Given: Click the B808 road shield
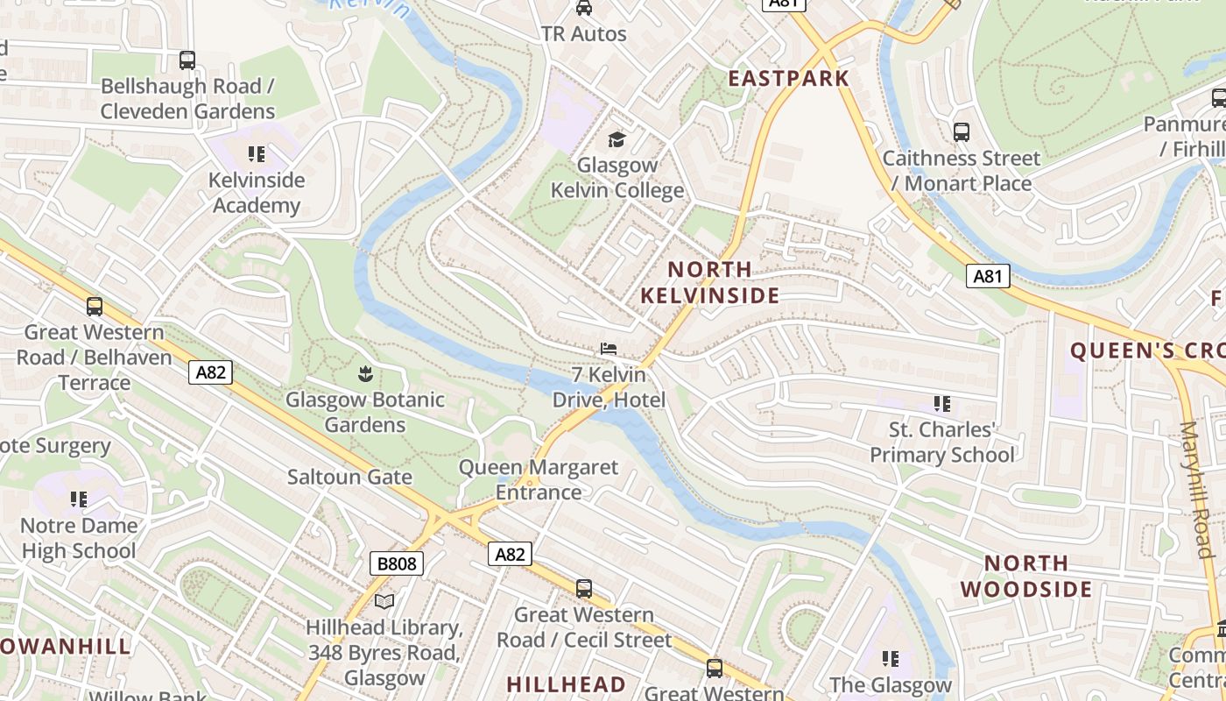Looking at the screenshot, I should (397, 563).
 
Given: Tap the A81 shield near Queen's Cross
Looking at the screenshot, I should (988, 276).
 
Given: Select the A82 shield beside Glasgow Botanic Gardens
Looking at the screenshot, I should (210, 372).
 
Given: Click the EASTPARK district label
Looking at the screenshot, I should (789, 78).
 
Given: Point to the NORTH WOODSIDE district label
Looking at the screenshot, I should (1026, 576).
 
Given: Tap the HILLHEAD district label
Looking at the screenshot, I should (567, 684).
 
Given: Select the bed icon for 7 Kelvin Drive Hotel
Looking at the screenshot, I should (609, 349).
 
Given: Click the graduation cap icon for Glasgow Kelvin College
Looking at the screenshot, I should (617, 139).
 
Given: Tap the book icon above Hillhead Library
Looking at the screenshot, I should (384, 601).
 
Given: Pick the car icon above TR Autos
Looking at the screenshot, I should (584, 9).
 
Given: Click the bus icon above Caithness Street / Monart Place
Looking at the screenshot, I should (962, 132).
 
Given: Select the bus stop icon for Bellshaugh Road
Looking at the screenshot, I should (187, 60).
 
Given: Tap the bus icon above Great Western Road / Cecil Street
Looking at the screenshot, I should (584, 588).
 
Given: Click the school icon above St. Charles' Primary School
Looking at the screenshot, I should (942, 404).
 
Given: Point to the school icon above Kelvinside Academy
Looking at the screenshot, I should (257, 155).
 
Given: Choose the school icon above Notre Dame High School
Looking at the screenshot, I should (79, 499).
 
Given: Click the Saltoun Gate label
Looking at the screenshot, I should (349, 477).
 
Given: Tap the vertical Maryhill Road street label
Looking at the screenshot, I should (1196, 490).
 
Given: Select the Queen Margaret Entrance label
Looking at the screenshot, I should (539, 479).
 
